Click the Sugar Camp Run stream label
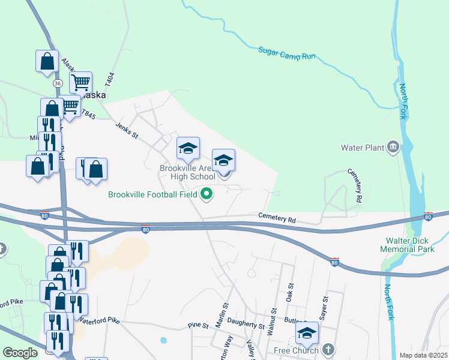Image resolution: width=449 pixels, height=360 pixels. [x=287, y=53]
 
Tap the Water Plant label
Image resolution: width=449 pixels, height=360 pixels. [x=362, y=147]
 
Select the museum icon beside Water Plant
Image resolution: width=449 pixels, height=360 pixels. [x=393, y=146]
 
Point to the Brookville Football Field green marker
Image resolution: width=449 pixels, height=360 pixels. [x=207, y=194]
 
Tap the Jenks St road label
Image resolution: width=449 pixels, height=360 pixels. [x=127, y=130]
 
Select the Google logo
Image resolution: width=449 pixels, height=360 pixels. [x=20, y=353]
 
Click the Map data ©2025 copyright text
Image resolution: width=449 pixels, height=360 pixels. [x=423, y=355]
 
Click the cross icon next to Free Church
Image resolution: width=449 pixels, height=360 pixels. [x=328, y=349]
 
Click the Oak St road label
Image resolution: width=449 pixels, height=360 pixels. [x=289, y=293]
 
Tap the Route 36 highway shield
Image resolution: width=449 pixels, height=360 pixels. [x=58, y=83]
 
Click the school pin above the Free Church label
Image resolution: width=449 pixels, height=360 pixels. [x=307, y=332]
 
